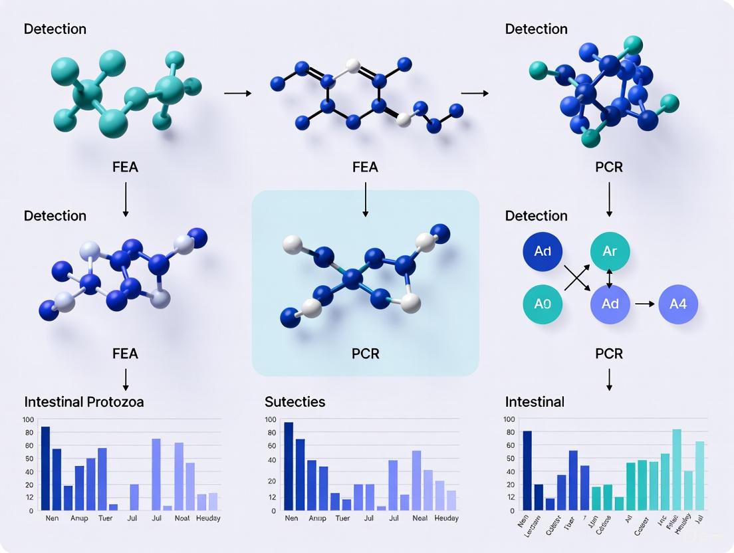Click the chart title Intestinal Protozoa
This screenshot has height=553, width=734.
[x=84, y=402]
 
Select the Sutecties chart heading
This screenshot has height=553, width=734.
[x=295, y=402]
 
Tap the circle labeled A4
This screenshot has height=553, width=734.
[x=677, y=304]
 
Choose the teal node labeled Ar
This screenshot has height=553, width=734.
[x=610, y=252]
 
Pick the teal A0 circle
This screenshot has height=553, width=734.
[x=543, y=304]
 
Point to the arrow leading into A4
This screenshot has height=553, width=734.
[x=644, y=304]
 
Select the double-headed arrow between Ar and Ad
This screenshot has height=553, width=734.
[x=610, y=278]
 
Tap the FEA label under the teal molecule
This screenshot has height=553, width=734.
[x=125, y=167]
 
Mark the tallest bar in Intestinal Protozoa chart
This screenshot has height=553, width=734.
[x=45, y=468]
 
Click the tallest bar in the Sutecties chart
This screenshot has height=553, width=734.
[x=289, y=466]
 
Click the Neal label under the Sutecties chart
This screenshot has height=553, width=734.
[x=420, y=518]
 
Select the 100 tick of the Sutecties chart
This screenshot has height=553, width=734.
[x=270, y=419]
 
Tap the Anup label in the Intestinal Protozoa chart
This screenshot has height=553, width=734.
[x=79, y=518]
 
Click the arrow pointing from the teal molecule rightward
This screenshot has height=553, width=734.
[x=237, y=94]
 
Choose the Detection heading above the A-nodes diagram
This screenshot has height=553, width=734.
[x=536, y=216]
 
